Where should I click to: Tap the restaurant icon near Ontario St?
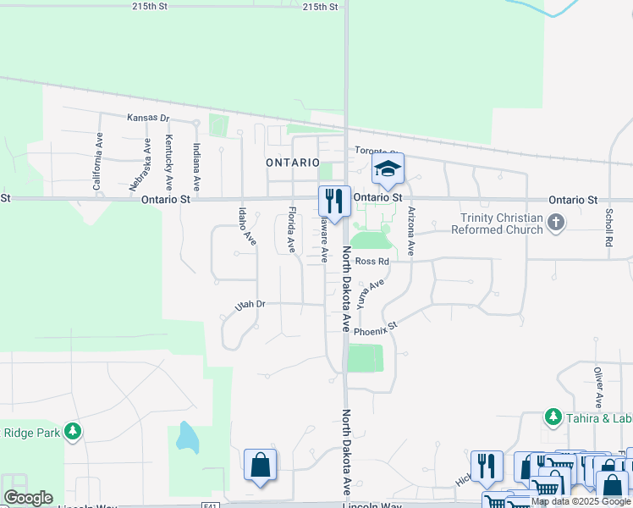tap(334, 202)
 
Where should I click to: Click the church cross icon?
tap(555, 223)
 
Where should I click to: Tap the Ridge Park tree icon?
tap(73, 432)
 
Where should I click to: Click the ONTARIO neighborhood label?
tap(293, 162)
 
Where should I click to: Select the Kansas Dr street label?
tap(148, 119)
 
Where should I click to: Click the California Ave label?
tap(98, 161)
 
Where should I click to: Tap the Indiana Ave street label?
tap(195, 166)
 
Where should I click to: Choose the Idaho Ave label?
tap(245, 227)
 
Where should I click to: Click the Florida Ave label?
tap(292, 230)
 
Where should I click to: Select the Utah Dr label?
tap(250, 304)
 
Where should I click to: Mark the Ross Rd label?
tap(372, 262)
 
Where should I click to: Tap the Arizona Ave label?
tap(411, 231)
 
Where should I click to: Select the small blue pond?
tap(186, 438)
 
